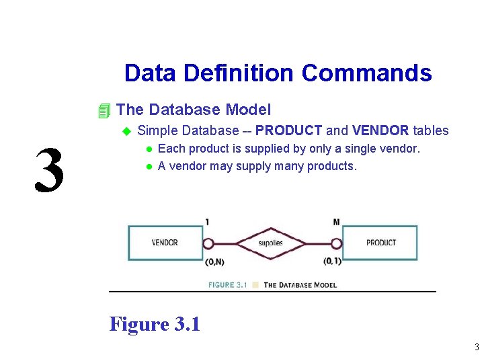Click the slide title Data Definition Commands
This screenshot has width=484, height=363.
click(278, 73)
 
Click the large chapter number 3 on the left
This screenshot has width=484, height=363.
click(50, 170)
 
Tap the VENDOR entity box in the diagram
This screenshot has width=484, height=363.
click(165, 243)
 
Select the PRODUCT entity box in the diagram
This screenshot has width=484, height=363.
click(380, 243)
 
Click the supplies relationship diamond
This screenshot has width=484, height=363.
click(270, 243)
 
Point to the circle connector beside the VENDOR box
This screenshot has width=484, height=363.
click(208, 243)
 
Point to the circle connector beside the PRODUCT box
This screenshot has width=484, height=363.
click(335, 243)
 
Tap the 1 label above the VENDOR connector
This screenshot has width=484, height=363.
click(207, 222)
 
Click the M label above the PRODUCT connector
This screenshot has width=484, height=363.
click(336, 222)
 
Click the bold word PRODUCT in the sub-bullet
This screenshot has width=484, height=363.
click(289, 130)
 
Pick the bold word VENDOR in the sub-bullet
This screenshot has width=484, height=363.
click(380, 130)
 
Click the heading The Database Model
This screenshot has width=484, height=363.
click(194, 110)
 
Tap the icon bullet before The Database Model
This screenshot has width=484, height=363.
click(104, 110)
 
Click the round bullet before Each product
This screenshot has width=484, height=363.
click(150, 149)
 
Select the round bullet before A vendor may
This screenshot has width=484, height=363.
click(150, 167)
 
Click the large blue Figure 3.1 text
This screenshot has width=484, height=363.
click(155, 324)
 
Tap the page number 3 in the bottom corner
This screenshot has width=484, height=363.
click(476, 348)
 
